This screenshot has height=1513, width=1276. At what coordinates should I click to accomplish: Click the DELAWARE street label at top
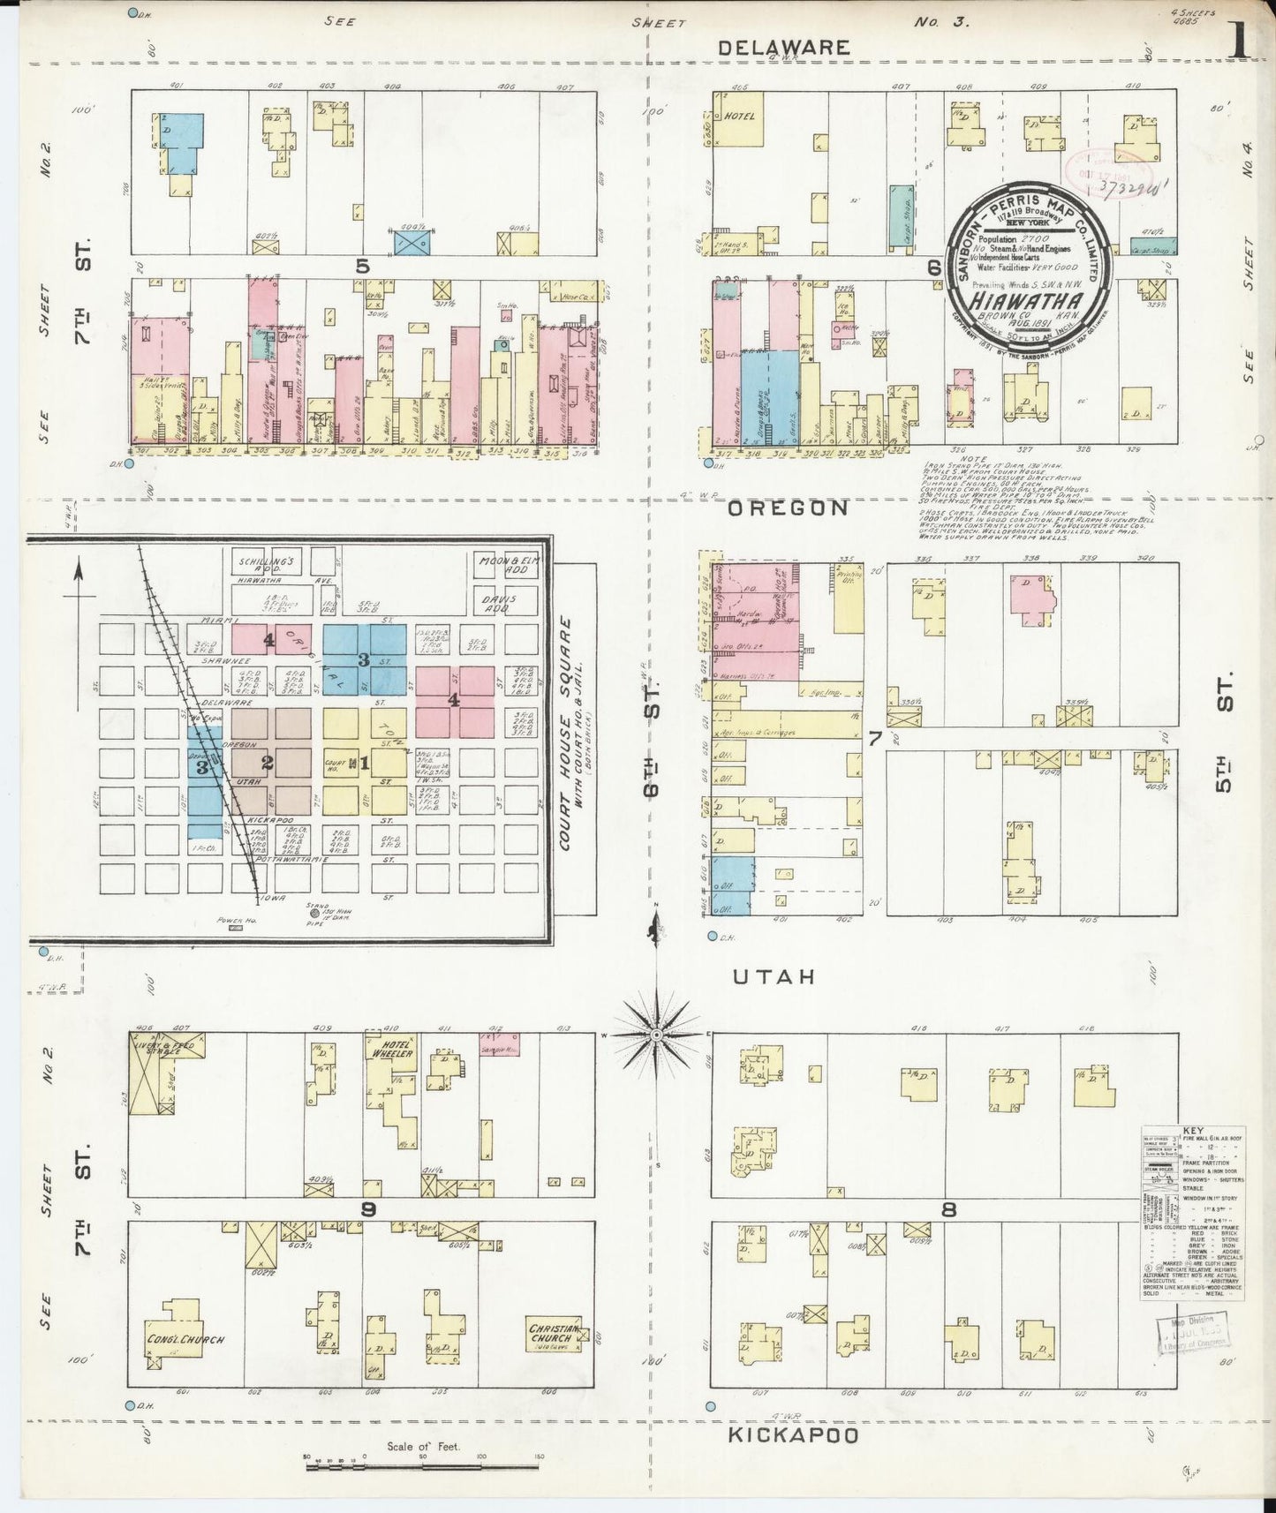point(784,48)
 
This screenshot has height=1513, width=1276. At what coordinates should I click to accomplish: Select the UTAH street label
point(773,977)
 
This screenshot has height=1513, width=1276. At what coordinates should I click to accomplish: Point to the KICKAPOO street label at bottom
point(793,1436)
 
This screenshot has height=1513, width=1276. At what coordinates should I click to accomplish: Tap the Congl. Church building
point(185,1338)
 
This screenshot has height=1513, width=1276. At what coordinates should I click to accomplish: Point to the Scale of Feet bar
point(422,1465)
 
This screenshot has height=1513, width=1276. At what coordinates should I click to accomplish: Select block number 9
point(368,1209)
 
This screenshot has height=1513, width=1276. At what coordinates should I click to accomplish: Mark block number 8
point(948,1209)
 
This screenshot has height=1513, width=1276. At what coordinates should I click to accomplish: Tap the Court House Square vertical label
point(566,734)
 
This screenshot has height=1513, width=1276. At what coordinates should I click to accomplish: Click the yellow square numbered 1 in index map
point(364,762)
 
